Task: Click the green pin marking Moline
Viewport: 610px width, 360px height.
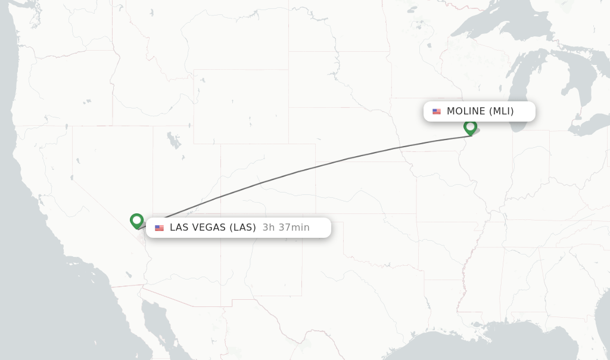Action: (470, 127)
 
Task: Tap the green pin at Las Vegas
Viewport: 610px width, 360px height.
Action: (136, 220)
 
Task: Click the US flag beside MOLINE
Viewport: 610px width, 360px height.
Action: (437, 111)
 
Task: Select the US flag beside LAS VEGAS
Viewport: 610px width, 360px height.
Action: (159, 228)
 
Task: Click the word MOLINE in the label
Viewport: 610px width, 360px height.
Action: (466, 111)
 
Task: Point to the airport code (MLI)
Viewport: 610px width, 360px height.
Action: (502, 111)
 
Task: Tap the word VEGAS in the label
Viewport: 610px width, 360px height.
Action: (208, 227)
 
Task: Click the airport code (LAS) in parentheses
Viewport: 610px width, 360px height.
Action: (242, 227)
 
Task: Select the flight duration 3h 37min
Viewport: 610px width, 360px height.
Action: (286, 227)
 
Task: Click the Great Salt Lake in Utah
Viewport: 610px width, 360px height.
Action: (174, 141)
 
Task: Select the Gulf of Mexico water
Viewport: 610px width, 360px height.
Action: (477, 349)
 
